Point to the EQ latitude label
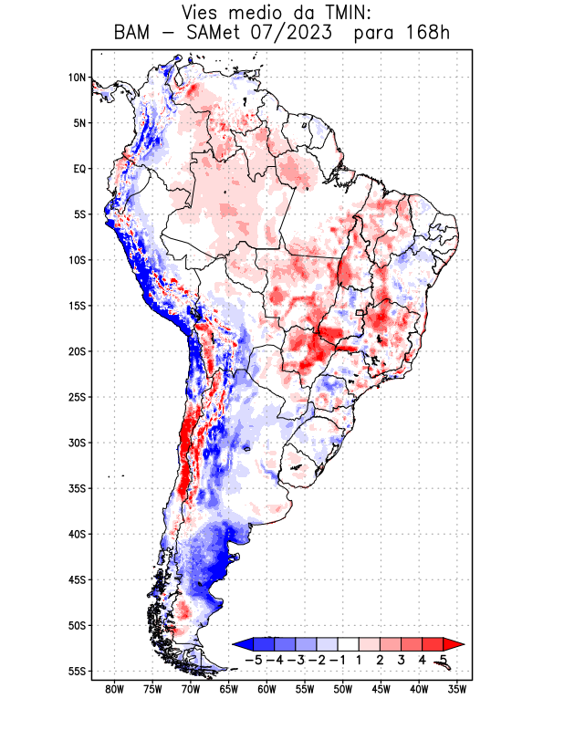click(79, 169)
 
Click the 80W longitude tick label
click(115, 689)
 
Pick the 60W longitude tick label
click(267, 689)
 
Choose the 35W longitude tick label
click(458, 689)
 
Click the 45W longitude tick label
click(381, 689)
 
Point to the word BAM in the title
click(134, 34)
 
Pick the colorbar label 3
click(402, 659)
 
